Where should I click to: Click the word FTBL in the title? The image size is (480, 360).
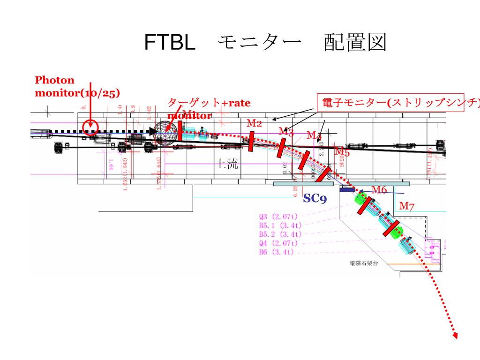tap(169, 43)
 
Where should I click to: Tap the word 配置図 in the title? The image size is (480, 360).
tap(355, 43)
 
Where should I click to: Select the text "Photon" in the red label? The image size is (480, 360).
tap(54, 80)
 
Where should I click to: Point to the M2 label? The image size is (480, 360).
tap(255, 123)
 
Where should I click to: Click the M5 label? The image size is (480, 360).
tap(342, 151)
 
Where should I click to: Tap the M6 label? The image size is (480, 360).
tap(379, 189)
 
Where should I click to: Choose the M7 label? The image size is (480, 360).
tap(406, 205)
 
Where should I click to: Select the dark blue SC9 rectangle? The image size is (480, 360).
tap(347, 190)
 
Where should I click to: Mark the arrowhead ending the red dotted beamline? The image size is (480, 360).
tap(455, 334)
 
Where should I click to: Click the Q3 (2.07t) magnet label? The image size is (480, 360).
tap(278, 217)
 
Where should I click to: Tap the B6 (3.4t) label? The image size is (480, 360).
tap(276, 252)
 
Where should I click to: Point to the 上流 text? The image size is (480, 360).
tap(226, 164)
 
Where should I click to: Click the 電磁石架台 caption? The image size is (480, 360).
tap(364, 263)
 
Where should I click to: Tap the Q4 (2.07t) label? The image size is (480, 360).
tap(278, 243)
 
